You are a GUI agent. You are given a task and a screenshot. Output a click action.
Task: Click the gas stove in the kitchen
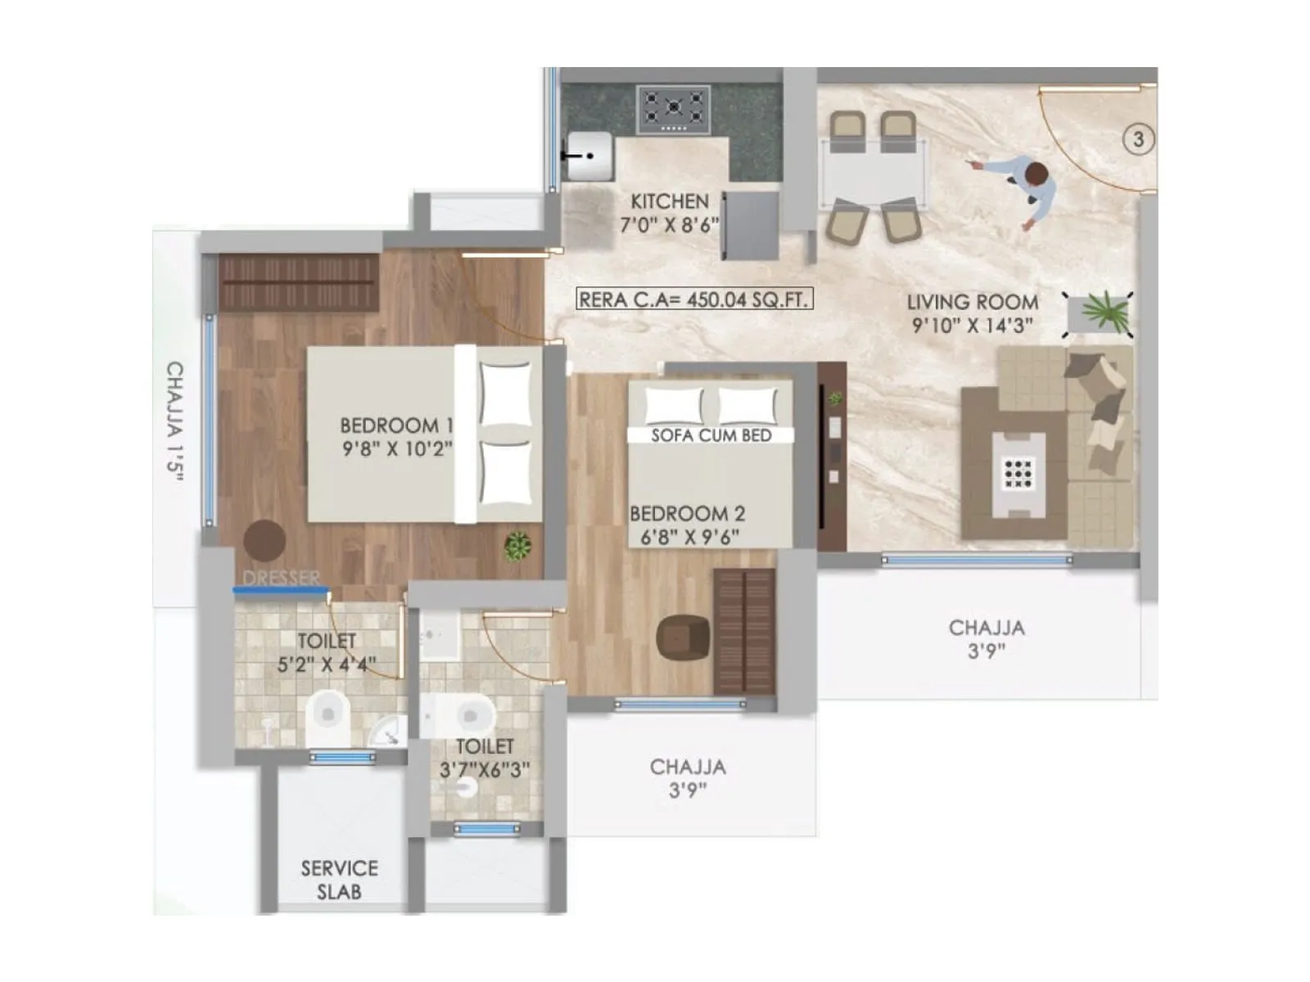673,110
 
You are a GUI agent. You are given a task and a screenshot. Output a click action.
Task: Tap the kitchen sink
589,155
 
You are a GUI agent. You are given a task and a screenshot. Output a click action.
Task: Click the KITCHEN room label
670,201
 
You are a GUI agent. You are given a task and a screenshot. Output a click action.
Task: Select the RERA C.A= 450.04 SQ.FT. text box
694,300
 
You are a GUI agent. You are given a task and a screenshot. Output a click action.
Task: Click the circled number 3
1137,139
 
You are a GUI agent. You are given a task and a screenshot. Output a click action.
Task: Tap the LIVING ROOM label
972,302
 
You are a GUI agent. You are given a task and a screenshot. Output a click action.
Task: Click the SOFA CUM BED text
711,435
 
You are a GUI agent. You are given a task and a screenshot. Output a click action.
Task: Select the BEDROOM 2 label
687,514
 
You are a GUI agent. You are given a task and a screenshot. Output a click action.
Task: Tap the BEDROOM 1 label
396,426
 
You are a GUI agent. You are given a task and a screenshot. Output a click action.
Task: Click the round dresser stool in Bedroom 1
264,540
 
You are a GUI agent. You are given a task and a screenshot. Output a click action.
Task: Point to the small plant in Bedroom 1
517,546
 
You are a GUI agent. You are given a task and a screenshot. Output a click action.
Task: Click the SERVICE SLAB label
339,880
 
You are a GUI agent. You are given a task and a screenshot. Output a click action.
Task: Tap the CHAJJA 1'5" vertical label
174,421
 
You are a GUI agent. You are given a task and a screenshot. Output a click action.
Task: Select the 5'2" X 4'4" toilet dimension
326,664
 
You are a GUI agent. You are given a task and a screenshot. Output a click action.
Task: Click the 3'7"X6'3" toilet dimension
484,769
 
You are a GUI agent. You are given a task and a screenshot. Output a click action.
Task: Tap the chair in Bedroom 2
683,637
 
